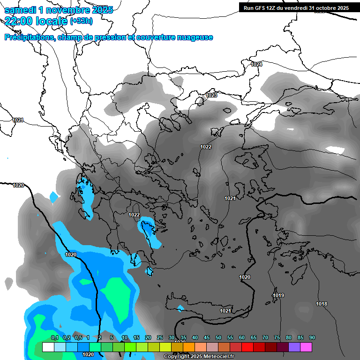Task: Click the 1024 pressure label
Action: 256,64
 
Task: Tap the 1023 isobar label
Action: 211,96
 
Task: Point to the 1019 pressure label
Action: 278,295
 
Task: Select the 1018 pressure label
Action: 322,304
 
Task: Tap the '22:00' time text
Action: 20,21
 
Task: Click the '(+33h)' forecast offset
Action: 81,21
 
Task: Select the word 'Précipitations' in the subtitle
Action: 29,37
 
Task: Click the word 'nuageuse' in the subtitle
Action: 192,37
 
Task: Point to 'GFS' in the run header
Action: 260,8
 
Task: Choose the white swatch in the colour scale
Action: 48,347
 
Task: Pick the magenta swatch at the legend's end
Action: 306,347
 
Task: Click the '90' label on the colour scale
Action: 312,337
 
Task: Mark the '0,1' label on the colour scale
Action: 54,337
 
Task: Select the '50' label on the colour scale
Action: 218,337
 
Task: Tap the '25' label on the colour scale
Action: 160,337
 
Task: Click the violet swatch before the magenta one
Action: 294,347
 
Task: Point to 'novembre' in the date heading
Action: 69,10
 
